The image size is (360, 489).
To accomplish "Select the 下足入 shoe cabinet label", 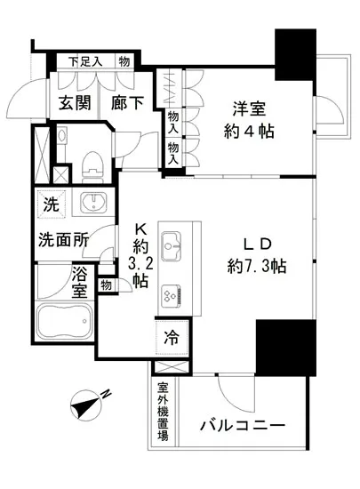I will point(88,61).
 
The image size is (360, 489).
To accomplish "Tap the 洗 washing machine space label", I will point(52,203).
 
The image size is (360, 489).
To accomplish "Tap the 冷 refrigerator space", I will point(172,339).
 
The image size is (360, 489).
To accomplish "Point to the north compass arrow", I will point(90,405).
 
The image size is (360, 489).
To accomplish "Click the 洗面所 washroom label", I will point(62,239).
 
